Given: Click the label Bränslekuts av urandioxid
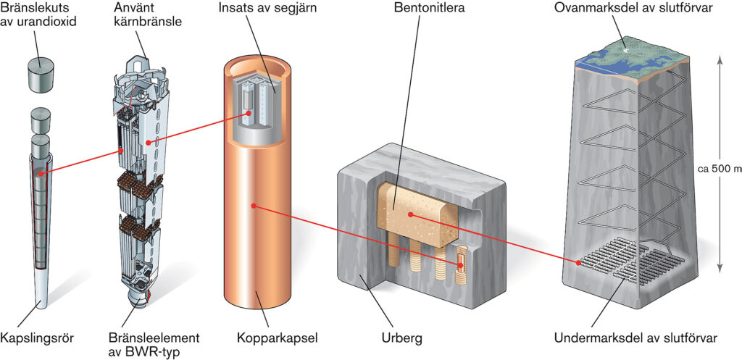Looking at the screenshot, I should click(x=38, y=14).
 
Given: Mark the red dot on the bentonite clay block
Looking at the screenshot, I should click(x=410, y=214).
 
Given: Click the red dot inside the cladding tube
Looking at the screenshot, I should click(x=41, y=174).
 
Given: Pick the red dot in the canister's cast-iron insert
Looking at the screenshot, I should click(x=249, y=113).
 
